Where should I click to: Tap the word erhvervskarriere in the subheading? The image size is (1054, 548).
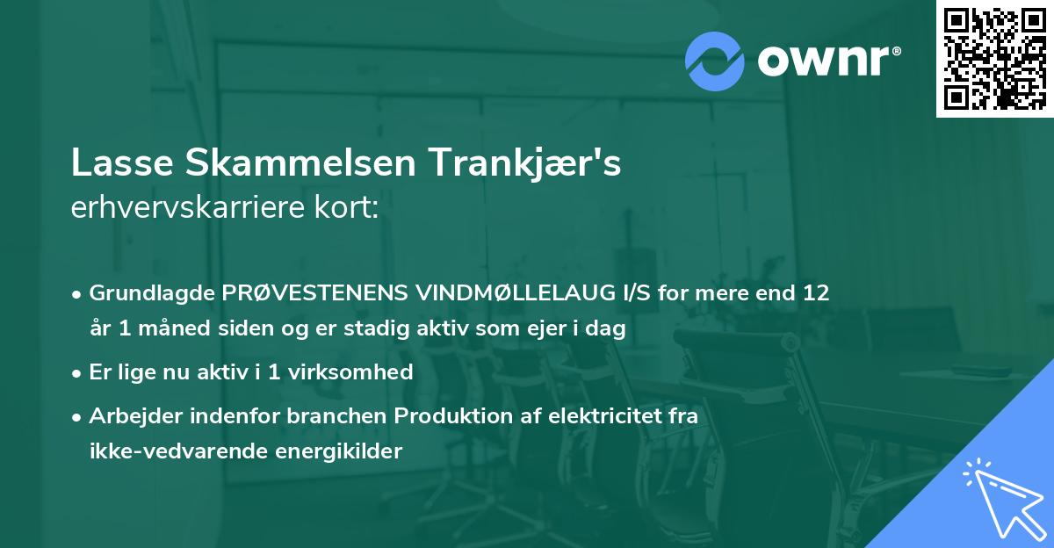pyautogui.click(x=177, y=209)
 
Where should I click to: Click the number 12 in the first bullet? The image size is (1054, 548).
pyautogui.click(x=816, y=293)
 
